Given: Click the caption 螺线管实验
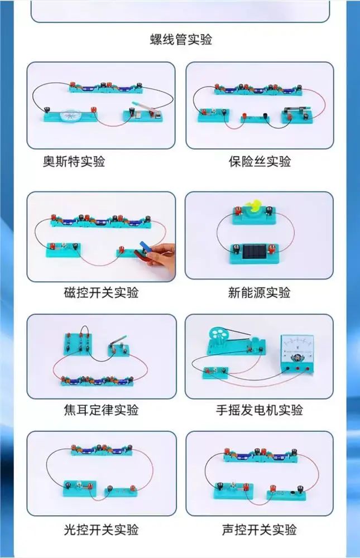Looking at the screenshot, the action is [x=181, y=39].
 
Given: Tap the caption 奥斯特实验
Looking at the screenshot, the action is [x=74, y=161].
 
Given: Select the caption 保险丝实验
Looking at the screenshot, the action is [x=260, y=161].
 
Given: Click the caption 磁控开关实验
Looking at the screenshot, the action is [x=101, y=292].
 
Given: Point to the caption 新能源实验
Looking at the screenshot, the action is [x=259, y=292].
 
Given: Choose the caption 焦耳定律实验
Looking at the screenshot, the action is [x=101, y=410].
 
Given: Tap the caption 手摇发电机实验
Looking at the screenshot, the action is [x=259, y=410].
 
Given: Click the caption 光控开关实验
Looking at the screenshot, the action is [x=101, y=530].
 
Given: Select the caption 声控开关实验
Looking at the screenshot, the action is [x=259, y=530].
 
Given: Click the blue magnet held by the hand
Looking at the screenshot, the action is [x=145, y=246].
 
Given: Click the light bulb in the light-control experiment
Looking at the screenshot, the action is [x=78, y=484].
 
